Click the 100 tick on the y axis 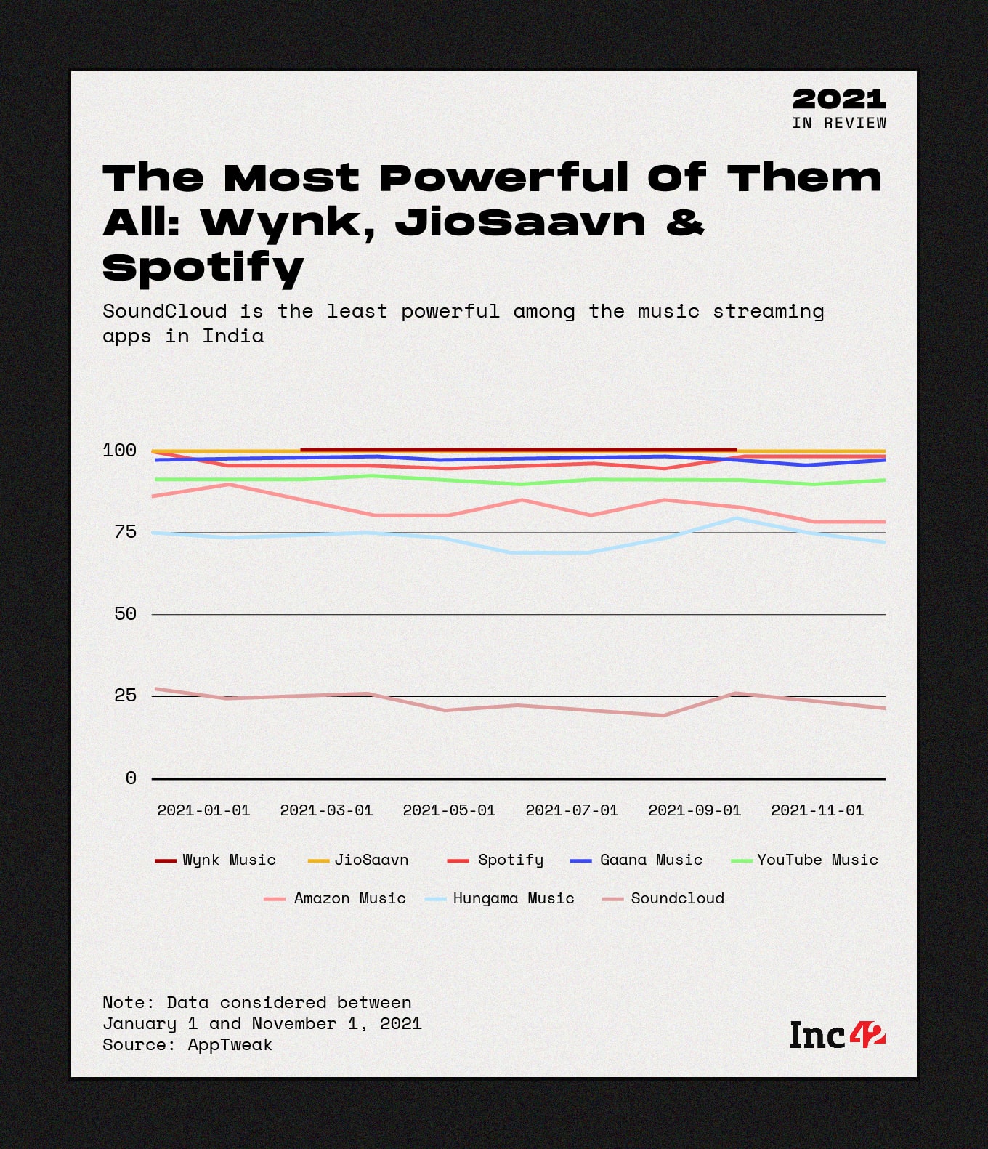pyautogui.click(x=120, y=451)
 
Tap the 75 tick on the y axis pyautogui.click(x=126, y=532)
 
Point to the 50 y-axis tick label pyautogui.click(x=126, y=614)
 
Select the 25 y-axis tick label pyautogui.click(x=126, y=696)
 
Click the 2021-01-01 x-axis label pyautogui.click(x=203, y=810)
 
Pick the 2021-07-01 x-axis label pyautogui.click(x=572, y=810)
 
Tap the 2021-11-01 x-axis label pyautogui.click(x=817, y=810)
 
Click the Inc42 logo pyautogui.click(x=837, y=1035)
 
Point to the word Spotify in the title pyautogui.click(x=203, y=267)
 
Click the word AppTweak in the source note pyautogui.click(x=230, y=1044)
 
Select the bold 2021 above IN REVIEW pyautogui.click(x=839, y=99)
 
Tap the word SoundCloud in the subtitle pyautogui.click(x=164, y=311)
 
